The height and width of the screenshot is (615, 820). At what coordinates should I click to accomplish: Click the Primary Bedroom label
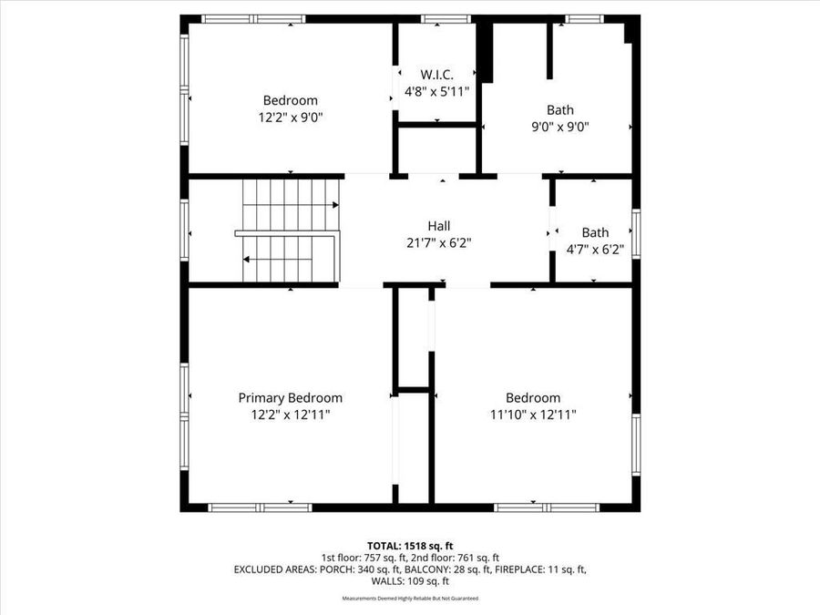coord(290,397)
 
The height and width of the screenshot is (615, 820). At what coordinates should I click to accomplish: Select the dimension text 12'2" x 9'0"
coord(290,117)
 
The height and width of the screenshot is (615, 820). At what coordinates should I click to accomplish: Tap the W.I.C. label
coord(436,74)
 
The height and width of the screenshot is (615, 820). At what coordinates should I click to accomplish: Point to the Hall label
coord(439,225)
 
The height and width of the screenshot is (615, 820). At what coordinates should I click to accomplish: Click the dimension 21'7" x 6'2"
coord(439,242)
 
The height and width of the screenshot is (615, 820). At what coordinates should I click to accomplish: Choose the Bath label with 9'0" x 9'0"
coord(560,109)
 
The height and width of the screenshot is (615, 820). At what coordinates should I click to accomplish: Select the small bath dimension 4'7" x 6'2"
coord(595,250)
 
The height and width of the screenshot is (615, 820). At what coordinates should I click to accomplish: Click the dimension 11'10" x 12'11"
coord(533,415)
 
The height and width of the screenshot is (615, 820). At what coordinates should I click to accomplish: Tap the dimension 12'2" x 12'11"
coord(290,415)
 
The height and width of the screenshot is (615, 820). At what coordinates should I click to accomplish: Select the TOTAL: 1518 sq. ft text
coord(409,544)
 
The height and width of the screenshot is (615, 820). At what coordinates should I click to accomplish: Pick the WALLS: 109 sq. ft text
coord(409,581)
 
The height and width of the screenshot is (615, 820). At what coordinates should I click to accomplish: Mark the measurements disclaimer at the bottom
coord(409,599)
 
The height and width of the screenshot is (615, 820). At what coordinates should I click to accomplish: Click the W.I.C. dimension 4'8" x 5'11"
coord(436,91)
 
